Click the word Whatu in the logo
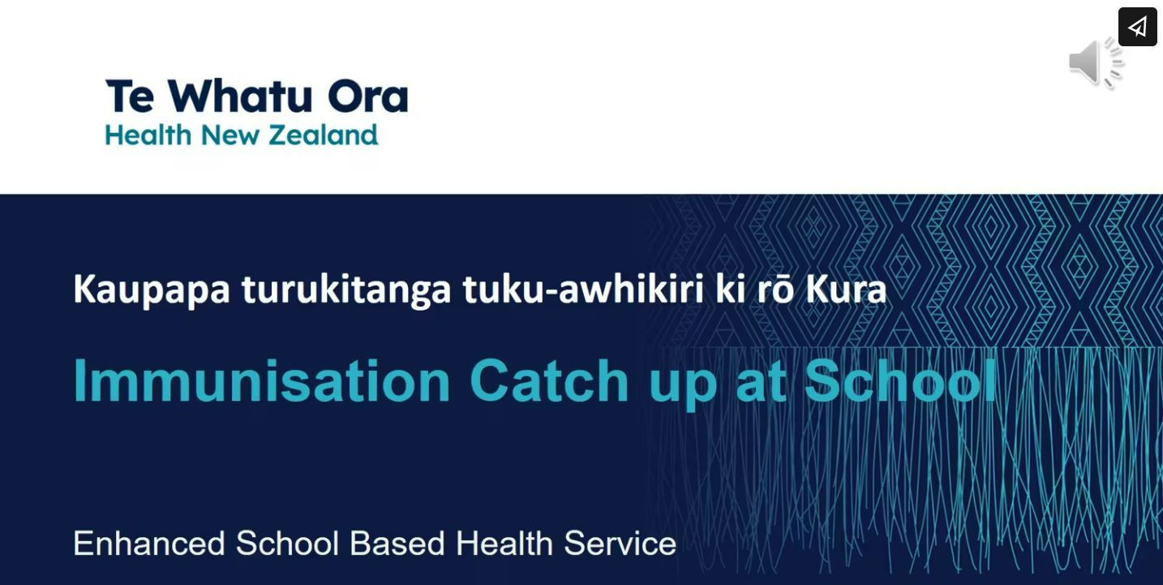click(x=239, y=96)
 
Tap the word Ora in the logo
click(x=368, y=96)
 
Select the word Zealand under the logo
click(x=323, y=135)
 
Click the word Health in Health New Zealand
click(x=148, y=135)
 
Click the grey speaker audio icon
click(x=1096, y=62)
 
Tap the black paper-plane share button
click(x=1138, y=27)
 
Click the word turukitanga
click(x=346, y=290)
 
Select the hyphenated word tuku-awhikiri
click(x=583, y=289)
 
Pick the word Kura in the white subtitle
click(x=846, y=289)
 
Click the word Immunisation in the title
click(x=262, y=381)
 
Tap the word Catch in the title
click(x=549, y=381)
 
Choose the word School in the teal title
click(x=900, y=381)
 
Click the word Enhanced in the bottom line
click(x=149, y=544)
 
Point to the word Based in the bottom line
click(x=397, y=544)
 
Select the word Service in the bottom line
click(x=620, y=544)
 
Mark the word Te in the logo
click(x=131, y=96)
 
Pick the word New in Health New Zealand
click(x=230, y=135)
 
